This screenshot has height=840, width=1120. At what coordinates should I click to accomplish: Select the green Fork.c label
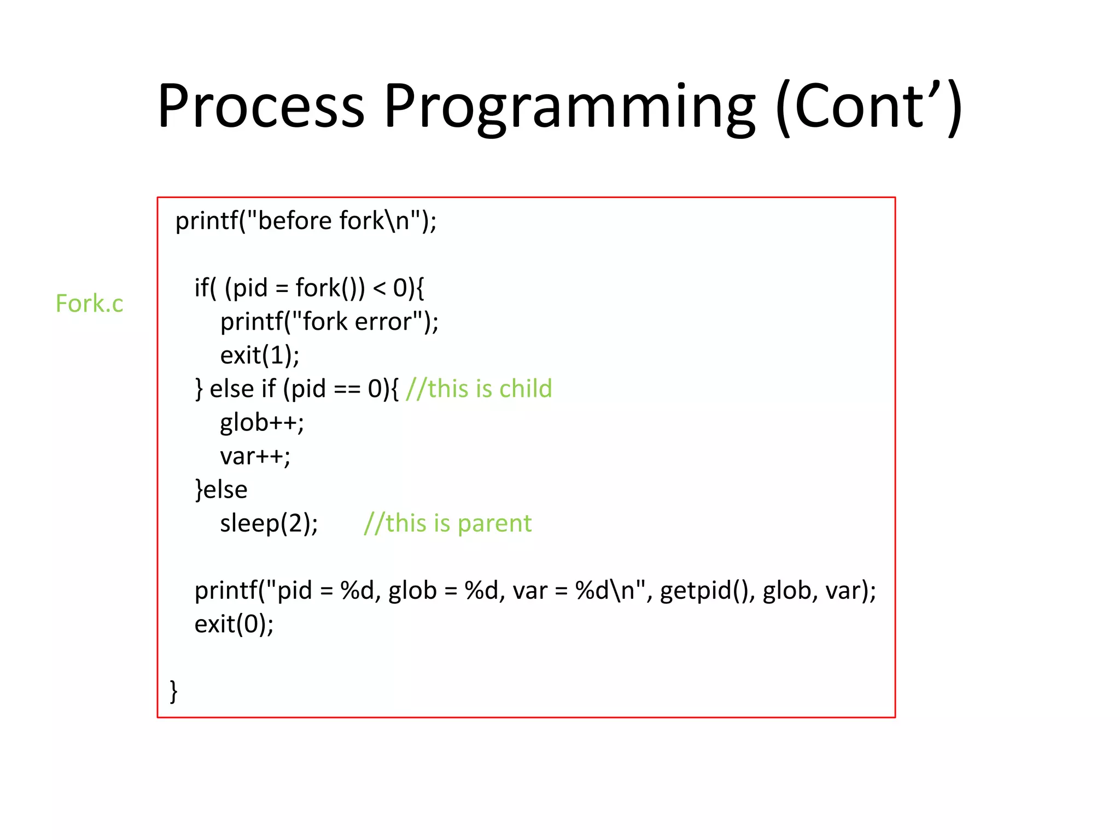[90, 304]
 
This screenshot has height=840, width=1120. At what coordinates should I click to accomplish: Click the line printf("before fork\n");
[306, 221]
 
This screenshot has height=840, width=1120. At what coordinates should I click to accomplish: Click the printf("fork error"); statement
[329, 322]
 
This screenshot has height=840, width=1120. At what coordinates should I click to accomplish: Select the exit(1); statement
[260, 355]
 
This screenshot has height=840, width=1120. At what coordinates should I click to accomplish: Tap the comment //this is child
[479, 389]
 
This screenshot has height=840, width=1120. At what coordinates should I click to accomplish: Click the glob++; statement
[262, 423]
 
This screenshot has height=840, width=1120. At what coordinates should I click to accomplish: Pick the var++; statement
[255, 456]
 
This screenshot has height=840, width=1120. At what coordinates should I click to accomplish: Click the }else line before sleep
[221, 489]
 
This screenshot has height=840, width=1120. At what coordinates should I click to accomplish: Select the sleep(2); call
[269, 523]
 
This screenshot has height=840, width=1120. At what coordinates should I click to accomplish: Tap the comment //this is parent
[448, 523]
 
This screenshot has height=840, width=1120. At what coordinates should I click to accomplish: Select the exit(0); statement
[234, 624]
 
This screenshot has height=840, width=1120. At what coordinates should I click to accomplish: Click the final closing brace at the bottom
[173, 691]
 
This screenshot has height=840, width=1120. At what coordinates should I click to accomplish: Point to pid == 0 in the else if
[336, 389]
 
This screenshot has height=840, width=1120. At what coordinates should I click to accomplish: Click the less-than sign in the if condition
[378, 288]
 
